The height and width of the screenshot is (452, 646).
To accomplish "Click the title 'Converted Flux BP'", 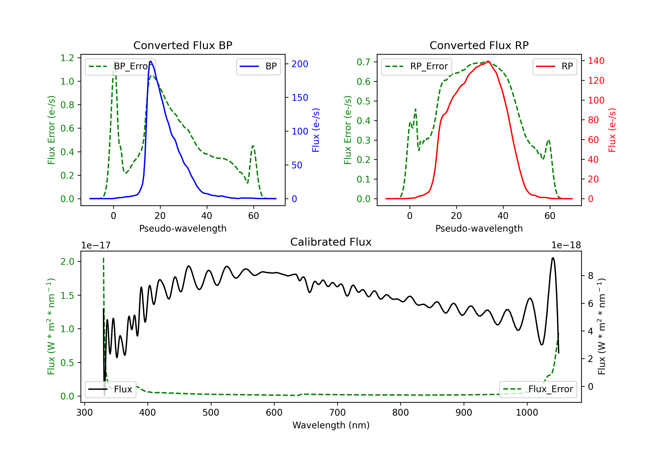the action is (x=183, y=45).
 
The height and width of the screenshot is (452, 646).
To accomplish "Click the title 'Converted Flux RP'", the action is (x=479, y=45).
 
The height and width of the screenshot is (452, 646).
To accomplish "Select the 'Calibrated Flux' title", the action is (x=331, y=242).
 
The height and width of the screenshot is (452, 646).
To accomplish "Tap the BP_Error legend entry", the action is (x=120, y=66).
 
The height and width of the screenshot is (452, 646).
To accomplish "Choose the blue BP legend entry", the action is (x=258, y=66).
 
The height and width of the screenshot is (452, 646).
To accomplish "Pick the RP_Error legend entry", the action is (x=416, y=66).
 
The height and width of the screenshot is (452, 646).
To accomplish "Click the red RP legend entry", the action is (x=554, y=66).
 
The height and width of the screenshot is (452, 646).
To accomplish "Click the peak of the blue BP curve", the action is (x=151, y=61).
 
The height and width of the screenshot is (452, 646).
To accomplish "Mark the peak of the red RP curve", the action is (x=488, y=61).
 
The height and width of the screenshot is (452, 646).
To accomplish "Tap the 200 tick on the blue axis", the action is (x=300, y=64).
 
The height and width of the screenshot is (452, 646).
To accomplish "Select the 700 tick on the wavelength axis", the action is (x=337, y=412).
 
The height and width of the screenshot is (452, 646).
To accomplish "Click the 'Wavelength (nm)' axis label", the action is (x=331, y=425).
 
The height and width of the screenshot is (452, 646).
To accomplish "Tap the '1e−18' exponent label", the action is (x=566, y=245).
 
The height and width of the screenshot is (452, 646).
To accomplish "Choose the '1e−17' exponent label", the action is (x=96, y=245).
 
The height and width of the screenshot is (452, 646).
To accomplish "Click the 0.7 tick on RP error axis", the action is (x=363, y=62).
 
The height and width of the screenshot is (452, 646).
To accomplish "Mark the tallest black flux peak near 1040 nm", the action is (x=553, y=258).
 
